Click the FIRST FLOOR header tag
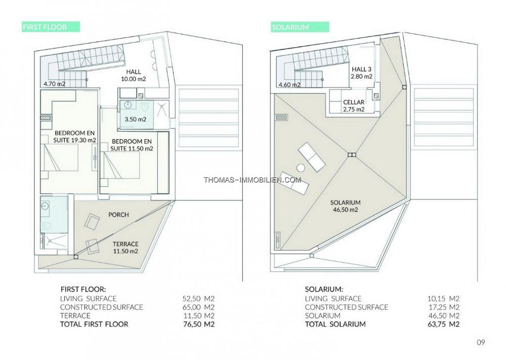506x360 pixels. (51, 27)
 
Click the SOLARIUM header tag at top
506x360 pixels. (300, 27)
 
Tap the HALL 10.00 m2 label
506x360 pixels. (133, 75)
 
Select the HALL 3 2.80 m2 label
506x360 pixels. (361, 72)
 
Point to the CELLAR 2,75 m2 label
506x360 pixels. (354, 106)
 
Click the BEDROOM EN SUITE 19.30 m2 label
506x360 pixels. (74, 136)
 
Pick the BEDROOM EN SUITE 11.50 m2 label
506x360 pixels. (132, 145)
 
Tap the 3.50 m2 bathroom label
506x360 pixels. (136, 119)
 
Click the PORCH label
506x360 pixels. (118, 215)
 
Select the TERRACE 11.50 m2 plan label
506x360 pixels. (125, 247)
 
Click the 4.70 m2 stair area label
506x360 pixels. (55, 84)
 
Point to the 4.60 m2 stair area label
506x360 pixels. (290, 85)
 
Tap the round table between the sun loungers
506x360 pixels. (301, 168)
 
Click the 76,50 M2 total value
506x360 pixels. (198, 324)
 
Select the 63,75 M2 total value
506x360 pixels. (443, 324)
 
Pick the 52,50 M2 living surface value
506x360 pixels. (198, 299)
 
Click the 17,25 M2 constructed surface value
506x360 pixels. (443, 307)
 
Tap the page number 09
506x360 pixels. (481, 342)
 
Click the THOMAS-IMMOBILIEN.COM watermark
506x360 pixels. (252, 180)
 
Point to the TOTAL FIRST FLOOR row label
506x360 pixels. (94, 324)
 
